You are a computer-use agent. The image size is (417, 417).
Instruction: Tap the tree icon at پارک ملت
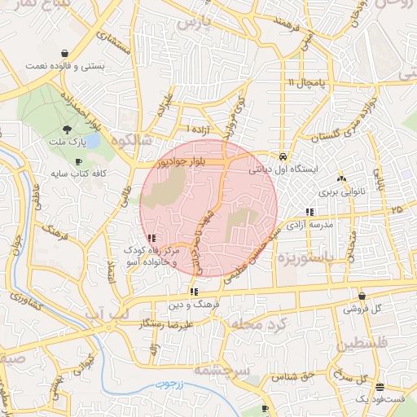66,129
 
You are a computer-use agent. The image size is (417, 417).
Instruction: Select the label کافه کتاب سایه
75,174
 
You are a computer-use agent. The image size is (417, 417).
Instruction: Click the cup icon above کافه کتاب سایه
78,162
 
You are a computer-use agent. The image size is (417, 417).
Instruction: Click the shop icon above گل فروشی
362,296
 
